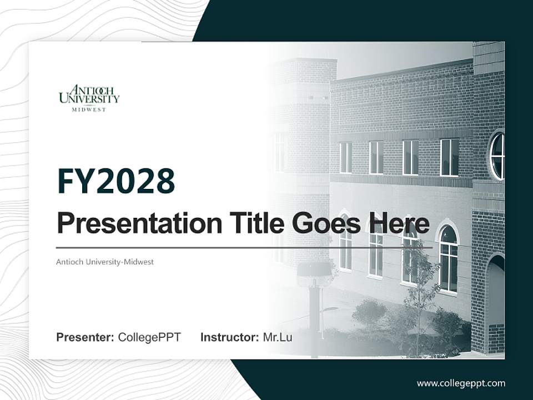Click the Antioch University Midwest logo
coord(89,98)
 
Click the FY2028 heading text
coord(116,182)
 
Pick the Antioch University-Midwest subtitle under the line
coord(105,262)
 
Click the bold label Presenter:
coord(86,337)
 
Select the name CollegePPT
coord(149,337)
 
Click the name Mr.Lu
coord(278,337)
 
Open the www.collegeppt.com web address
coord(461,383)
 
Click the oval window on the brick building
coord(497,156)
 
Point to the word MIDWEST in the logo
coord(89,109)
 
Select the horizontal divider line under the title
coord(244,248)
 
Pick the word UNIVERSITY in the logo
coord(89,99)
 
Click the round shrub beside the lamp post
coord(369,314)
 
